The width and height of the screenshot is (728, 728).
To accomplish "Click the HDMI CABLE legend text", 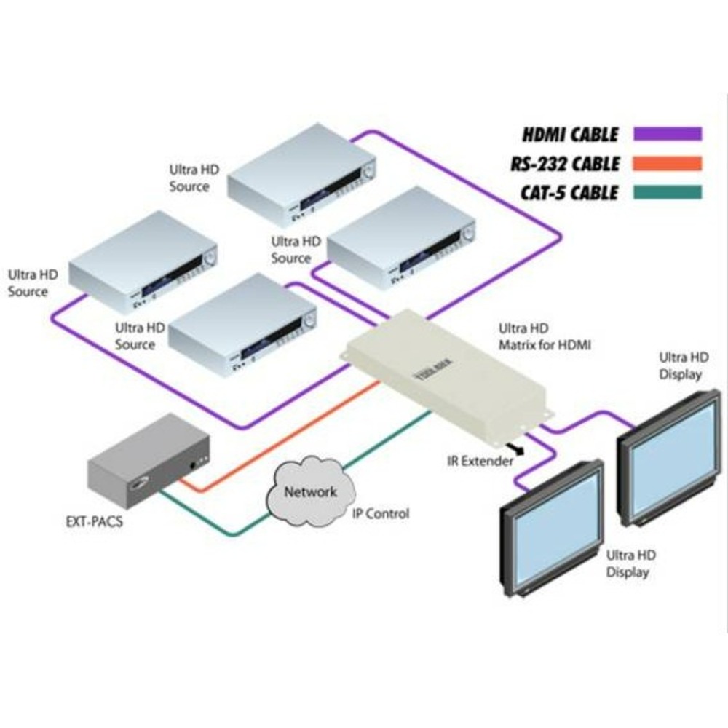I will coord(570,135).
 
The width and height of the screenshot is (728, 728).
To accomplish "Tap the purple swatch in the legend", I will coord(667,134).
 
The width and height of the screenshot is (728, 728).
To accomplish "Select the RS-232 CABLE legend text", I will coord(564,164).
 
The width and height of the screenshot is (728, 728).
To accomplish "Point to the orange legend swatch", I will coord(667,163).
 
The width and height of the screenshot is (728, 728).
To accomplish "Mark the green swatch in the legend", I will coord(667,192).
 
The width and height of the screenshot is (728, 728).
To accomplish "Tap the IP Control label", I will coord(381,514).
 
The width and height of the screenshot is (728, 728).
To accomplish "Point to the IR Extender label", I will coord(480,460).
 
